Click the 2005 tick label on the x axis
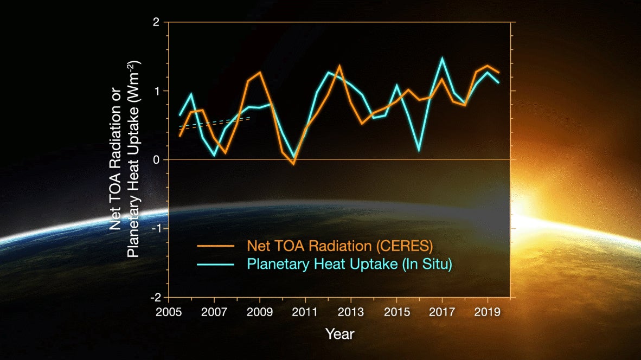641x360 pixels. point(169,313)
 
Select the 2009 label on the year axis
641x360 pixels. point(260,313)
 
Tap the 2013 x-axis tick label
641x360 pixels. point(351,313)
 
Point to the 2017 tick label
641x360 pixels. point(442,313)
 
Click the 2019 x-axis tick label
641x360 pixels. point(488,313)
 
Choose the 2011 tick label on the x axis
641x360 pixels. point(305,313)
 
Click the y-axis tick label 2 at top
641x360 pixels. point(156,22)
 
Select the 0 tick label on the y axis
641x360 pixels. point(156,159)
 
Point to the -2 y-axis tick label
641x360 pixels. point(155,297)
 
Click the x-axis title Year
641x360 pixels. point(339,333)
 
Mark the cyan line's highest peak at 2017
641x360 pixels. point(442,59)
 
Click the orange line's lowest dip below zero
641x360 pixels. point(293,164)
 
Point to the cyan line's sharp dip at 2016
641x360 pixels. point(419,151)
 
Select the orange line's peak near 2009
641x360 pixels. point(260,72)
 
